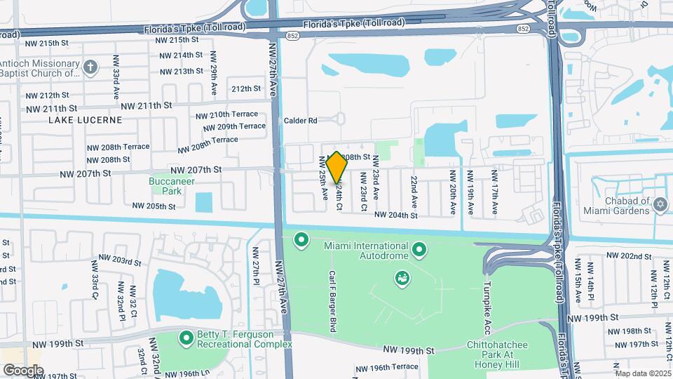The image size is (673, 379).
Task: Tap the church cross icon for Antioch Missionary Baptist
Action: pos(90,67)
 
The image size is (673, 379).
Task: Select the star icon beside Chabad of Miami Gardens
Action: pos(659,204)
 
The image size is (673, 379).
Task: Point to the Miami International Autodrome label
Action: pos(365,251)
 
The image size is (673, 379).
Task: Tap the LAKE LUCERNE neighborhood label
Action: pos(85,120)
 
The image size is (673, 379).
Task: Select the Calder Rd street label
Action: pos(301,121)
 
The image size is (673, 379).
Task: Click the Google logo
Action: pos(23,370)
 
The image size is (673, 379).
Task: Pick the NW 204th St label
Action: pos(395,215)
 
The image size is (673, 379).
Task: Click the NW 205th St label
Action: pos(154,206)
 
